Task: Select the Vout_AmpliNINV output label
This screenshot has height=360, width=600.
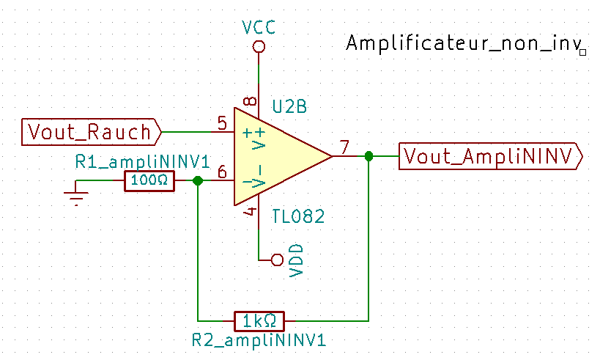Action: tap(491, 155)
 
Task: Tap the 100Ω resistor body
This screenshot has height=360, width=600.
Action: tap(149, 181)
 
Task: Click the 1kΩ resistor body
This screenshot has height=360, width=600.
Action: tap(259, 321)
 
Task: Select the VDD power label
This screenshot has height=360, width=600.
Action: tap(297, 260)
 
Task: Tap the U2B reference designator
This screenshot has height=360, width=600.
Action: tap(289, 107)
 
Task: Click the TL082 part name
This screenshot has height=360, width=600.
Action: tap(298, 217)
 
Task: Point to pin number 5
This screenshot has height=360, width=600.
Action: tap(221, 122)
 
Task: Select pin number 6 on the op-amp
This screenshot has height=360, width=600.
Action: tap(221, 172)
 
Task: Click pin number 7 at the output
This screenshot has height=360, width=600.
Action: tap(344, 145)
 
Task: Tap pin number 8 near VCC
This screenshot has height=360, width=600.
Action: tap(250, 101)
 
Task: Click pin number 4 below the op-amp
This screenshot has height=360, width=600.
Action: tap(250, 213)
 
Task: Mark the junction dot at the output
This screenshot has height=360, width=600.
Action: tap(368, 156)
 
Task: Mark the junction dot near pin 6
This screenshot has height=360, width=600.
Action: tap(197, 181)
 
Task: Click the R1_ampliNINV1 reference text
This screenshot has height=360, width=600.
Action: tap(142, 161)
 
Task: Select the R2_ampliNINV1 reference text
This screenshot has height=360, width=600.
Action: tap(258, 341)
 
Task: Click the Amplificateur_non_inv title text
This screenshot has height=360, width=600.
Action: tap(462, 43)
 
